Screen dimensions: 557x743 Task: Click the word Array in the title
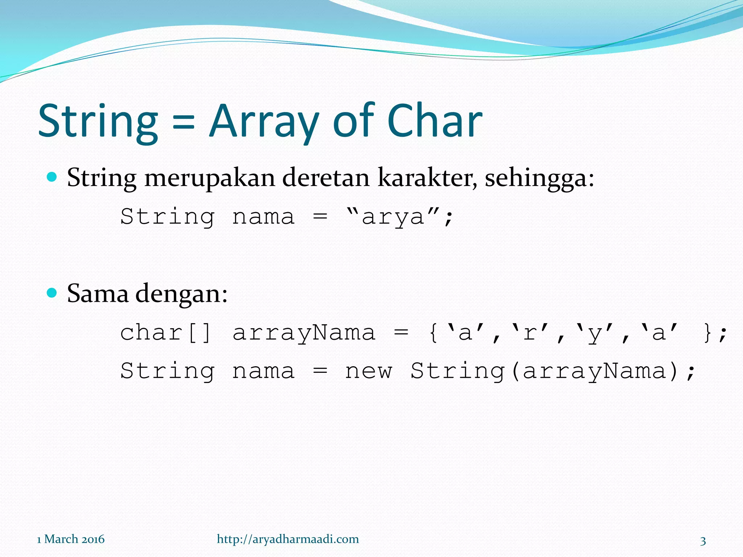tap(264, 121)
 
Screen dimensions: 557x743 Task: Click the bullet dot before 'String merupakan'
tap(52, 177)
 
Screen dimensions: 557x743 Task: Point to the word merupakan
tap(209, 178)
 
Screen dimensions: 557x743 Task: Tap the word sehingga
tap(539, 178)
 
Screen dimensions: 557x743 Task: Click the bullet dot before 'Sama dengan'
tap(52, 293)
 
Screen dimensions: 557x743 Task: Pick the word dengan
tap(181, 294)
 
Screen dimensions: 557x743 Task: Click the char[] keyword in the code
tap(165, 333)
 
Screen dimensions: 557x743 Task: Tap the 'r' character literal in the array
tap(530, 333)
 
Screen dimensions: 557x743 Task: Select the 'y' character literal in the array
tap(595, 333)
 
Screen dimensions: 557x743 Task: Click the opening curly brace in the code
tap(433, 333)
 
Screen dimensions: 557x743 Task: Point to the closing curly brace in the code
tap(707, 333)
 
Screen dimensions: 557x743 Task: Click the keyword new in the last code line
tap(369, 371)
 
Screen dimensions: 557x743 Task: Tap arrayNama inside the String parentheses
tap(594, 371)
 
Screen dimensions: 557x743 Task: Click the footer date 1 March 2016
tap(71, 539)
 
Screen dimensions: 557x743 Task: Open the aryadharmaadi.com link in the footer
tap(288, 539)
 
